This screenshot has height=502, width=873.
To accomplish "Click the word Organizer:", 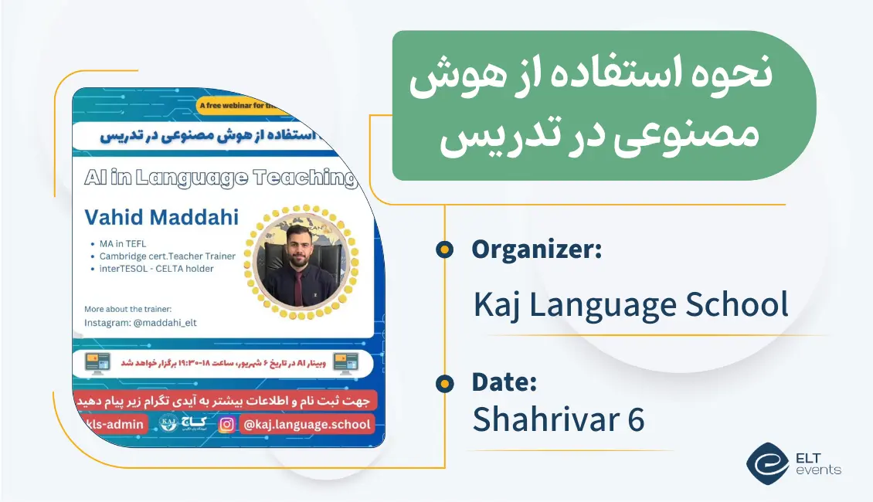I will pyautogui.click(x=537, y=250).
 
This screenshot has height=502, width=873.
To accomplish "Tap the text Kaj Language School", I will pyautogui.click(x=630, y=305).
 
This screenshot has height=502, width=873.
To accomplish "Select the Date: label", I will pyautogui.click(x=504, y=382).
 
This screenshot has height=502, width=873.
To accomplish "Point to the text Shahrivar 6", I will pyautogui.click(x=558, y=419).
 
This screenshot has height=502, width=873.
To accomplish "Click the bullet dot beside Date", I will pyautogui.click(x=444, y=383).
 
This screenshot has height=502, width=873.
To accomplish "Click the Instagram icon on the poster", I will pyautogui.click(x=226, y=424).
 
